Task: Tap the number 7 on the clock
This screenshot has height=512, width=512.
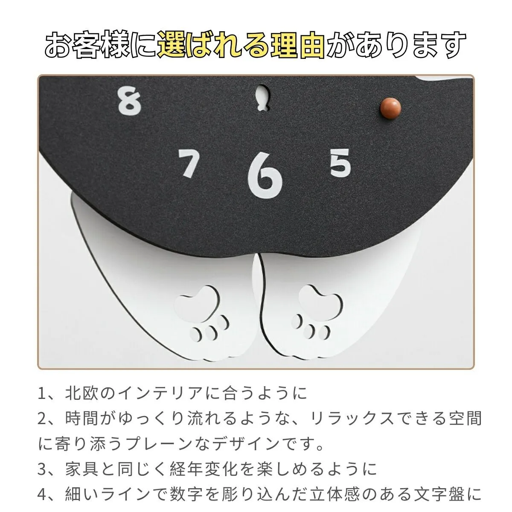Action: click(189, 163)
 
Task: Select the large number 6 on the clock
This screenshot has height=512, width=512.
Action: click(265, 176)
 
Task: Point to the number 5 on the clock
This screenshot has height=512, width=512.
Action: click(340, 163)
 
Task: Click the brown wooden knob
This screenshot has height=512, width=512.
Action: click(390, 108)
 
